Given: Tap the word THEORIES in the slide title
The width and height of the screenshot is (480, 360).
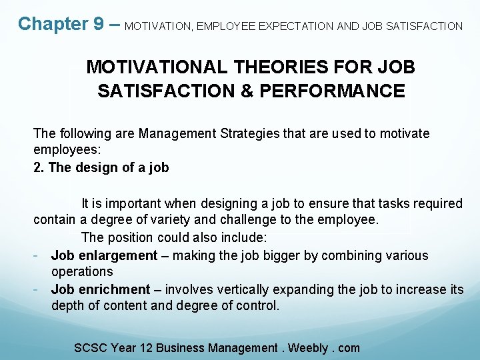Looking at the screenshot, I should pos(264,67).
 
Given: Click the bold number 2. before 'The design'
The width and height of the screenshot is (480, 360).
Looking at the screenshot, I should pos(39,167).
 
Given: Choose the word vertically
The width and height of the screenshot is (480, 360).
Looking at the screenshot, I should pos(244,289).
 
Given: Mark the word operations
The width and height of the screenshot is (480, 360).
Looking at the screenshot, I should pos(82,272).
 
